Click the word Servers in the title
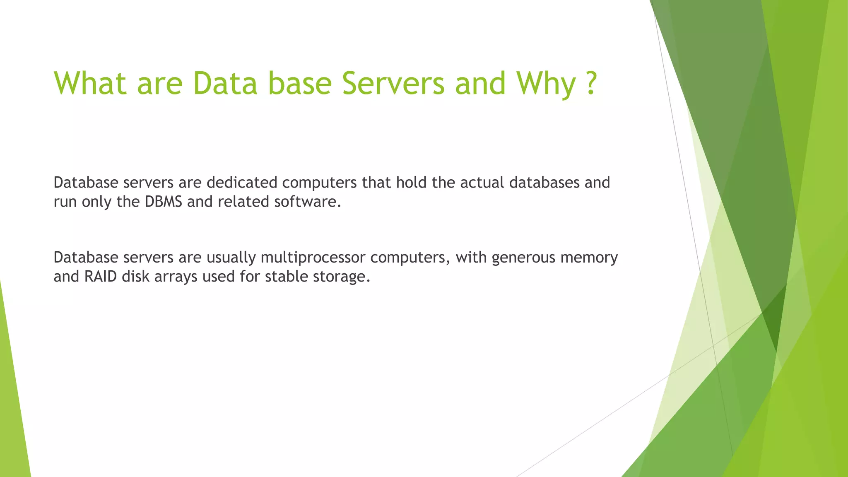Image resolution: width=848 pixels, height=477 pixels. [x=393, y=83]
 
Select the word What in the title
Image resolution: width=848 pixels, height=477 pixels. [x=90, y=83]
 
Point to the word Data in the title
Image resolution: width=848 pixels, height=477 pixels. [x=225, y=83]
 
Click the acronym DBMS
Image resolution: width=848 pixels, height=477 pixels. [x=163, y=202]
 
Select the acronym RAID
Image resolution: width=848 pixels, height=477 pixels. [x=101, y=277]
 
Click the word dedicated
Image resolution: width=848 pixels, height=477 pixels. [x=242, y=183]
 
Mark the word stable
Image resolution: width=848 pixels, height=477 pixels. [x=287, y=277]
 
